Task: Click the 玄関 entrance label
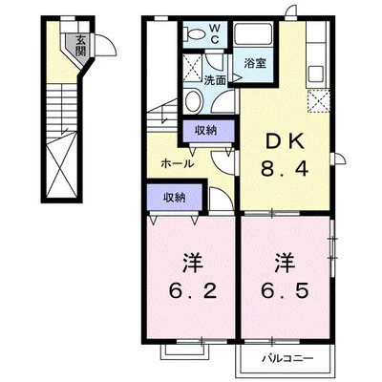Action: tap(81, 44)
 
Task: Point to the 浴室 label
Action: tap(253, 64)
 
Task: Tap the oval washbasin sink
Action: tap(193, 104)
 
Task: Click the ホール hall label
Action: tap(177, 163)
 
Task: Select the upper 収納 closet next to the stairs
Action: tap(201, 130)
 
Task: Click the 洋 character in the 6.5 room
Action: tap(284, 260)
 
